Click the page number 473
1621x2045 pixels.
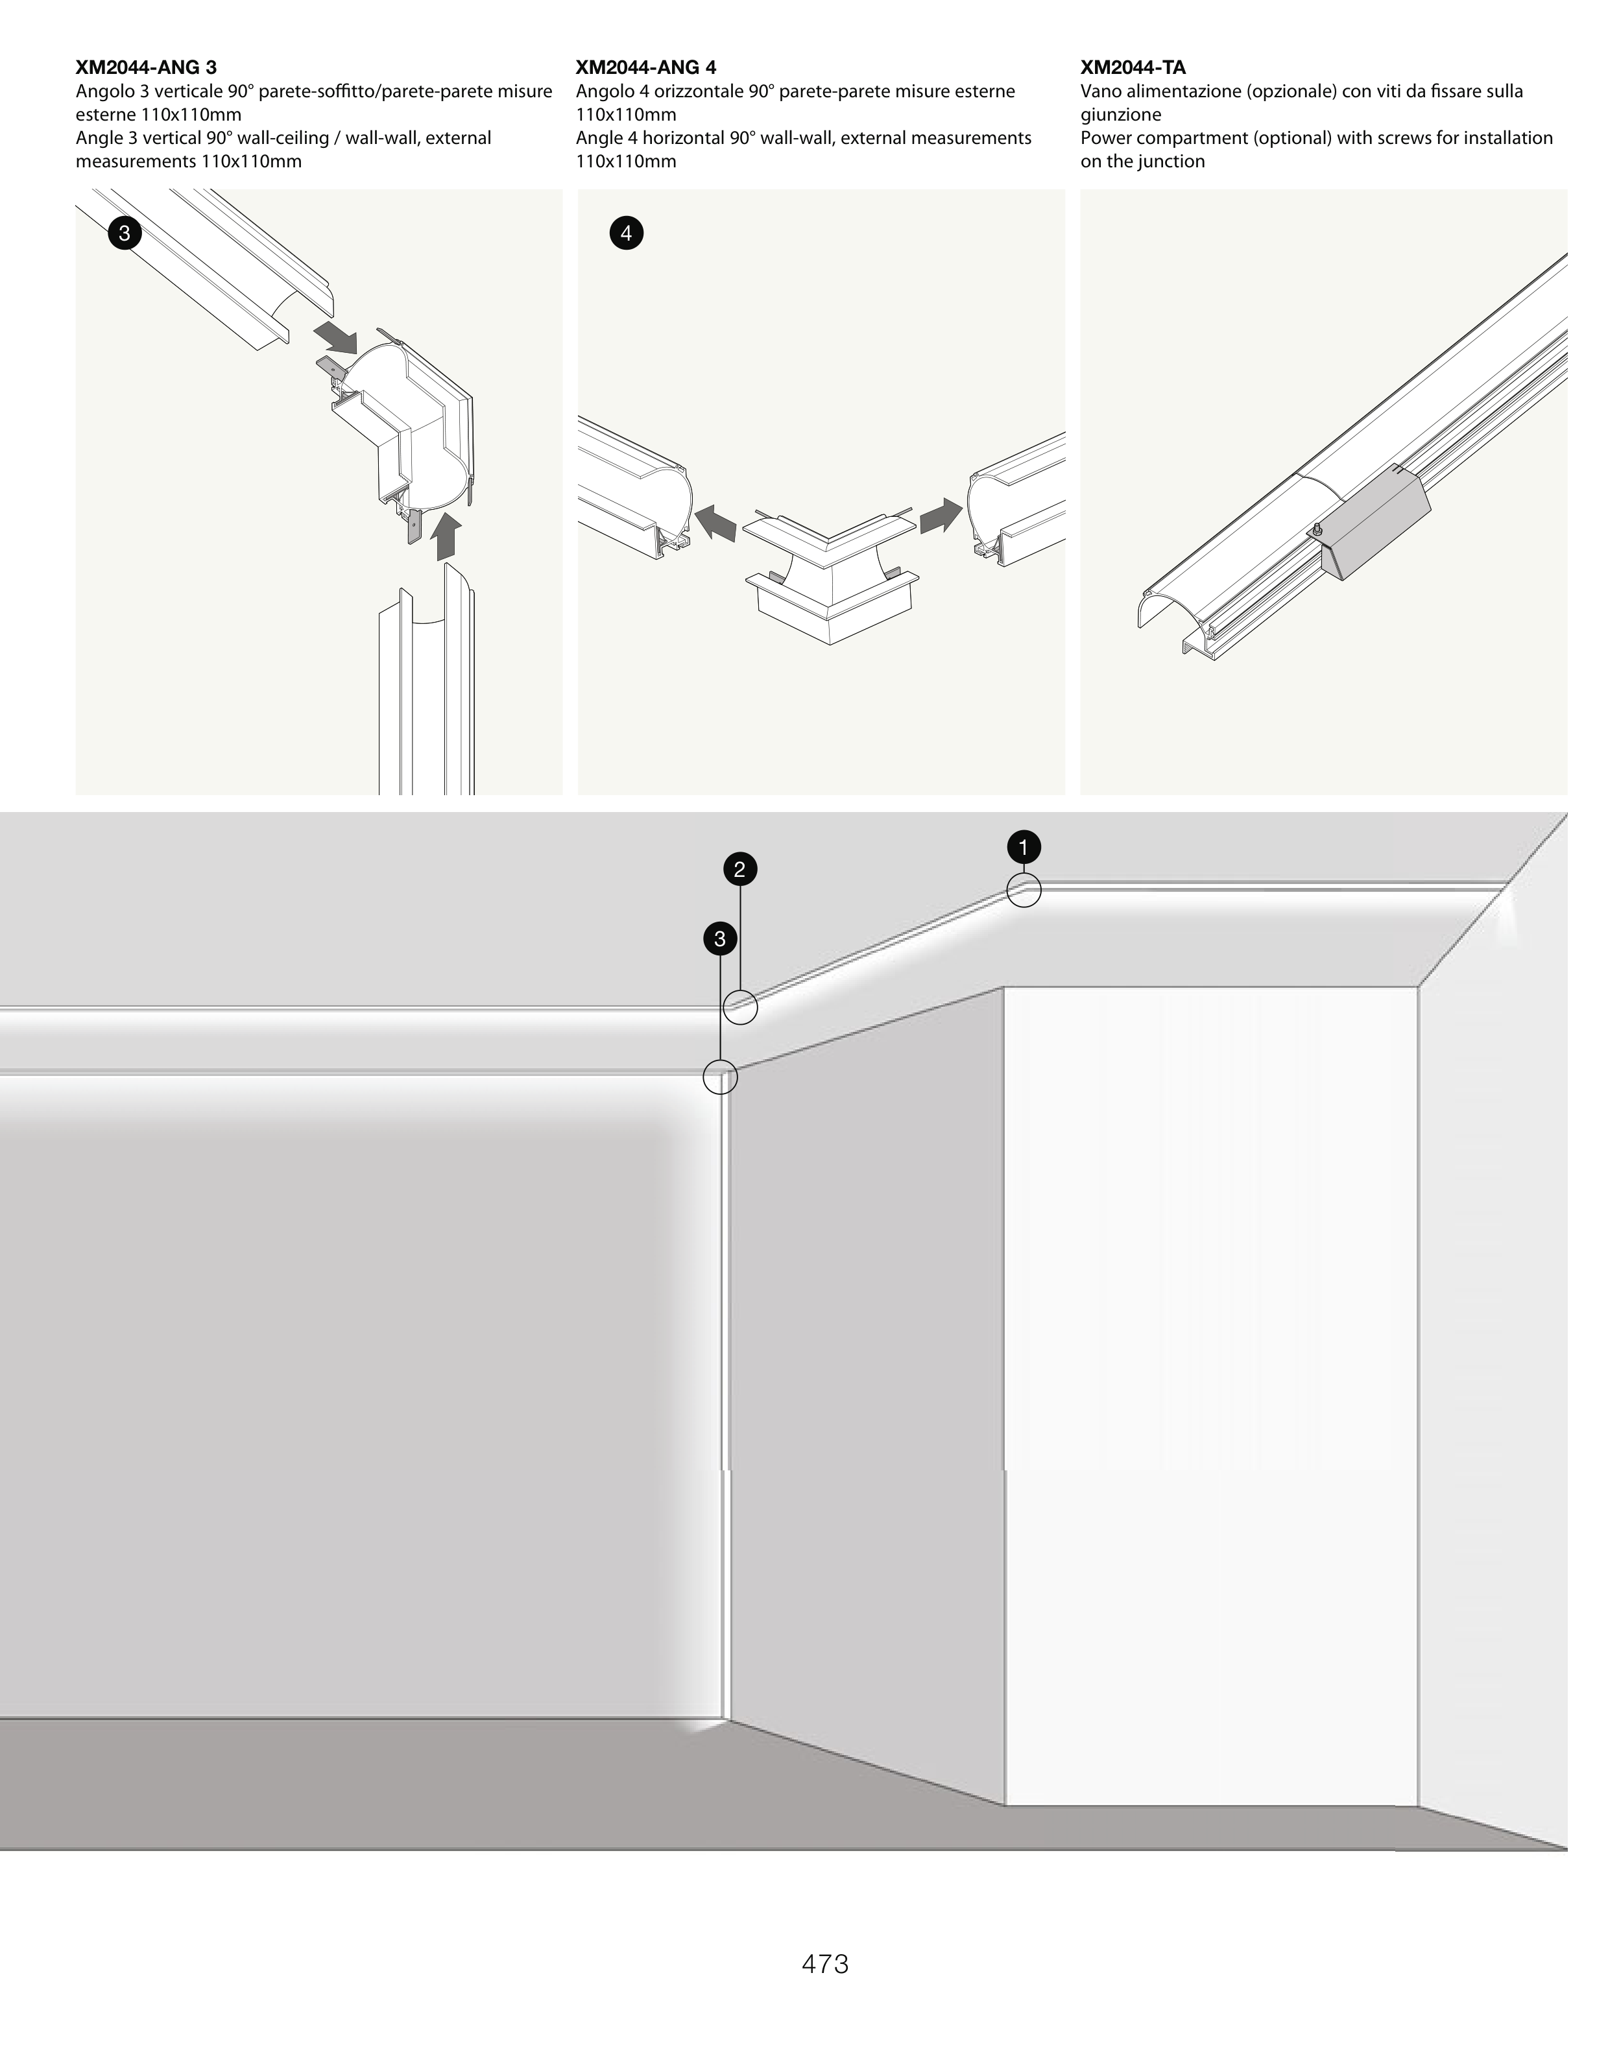point(824,1963)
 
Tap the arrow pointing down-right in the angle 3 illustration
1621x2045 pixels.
point(336,335)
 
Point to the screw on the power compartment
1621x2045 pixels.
point(1317,530)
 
